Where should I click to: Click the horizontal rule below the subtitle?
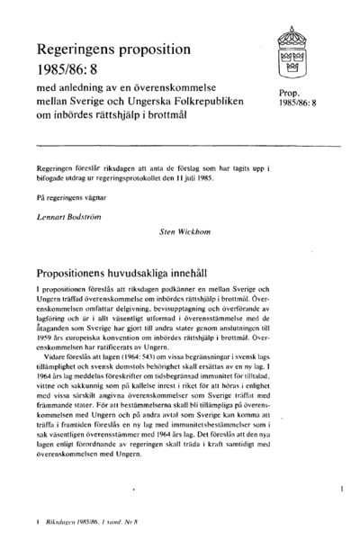(181, 145)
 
